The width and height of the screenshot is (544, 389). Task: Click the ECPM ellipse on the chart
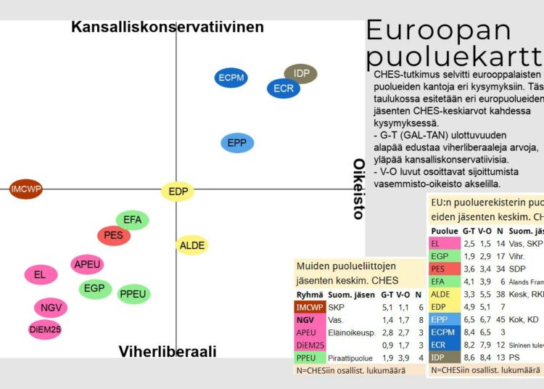point(232,78)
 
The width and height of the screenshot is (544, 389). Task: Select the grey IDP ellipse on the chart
point(301,73)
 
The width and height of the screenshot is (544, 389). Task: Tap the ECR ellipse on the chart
point(283,89)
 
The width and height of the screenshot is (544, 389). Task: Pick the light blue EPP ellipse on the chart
point(236,143)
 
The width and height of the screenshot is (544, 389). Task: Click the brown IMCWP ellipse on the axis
point(26,189)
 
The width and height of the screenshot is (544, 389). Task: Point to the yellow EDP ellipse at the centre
point(178,192)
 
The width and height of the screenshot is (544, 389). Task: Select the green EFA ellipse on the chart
point(132,220)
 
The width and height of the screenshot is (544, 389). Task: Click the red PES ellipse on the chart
point(113,235)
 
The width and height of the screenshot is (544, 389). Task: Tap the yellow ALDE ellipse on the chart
point(191,245)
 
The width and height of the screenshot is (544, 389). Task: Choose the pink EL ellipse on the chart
point(40,274)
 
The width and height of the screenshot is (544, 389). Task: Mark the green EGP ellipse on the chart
point(94,288)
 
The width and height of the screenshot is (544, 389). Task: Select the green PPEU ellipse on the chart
point(133,294)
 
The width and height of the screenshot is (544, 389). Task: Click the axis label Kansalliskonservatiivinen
point(167,27)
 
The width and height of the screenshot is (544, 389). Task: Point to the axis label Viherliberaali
point(168,352)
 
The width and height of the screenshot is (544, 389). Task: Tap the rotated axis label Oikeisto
point(358,189)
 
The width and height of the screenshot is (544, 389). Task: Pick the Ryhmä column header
point(310,295)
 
